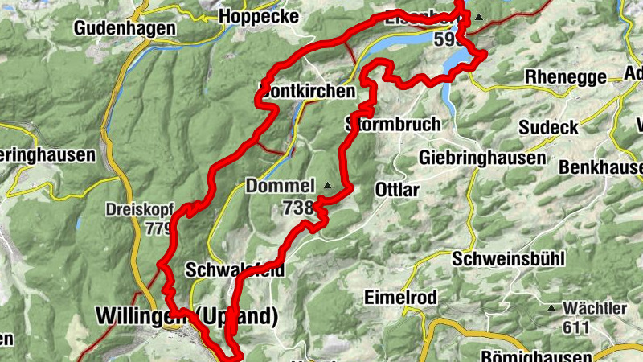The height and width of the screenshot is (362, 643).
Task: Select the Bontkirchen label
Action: [x=308, y=91]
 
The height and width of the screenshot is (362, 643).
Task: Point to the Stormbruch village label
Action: [x=393, y=125]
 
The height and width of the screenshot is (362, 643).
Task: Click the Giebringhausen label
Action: [x=482, y=158]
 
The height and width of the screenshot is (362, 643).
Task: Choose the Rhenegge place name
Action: [x=566, y=76]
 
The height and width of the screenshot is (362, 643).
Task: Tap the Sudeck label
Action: [x=548, y=127]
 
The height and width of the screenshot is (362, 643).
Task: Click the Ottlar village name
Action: [x=397, y=191]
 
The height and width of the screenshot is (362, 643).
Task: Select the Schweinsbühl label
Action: [x=509, y=259]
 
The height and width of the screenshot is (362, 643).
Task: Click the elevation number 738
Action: [x=297, y=208]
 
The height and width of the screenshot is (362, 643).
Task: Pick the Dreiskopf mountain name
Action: [x=138, y=210]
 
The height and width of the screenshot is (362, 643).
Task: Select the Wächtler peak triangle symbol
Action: [x=551, y=308]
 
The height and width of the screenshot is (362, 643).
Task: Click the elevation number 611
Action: [x=576, y=327]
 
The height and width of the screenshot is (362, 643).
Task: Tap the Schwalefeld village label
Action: [x=233, y=269]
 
